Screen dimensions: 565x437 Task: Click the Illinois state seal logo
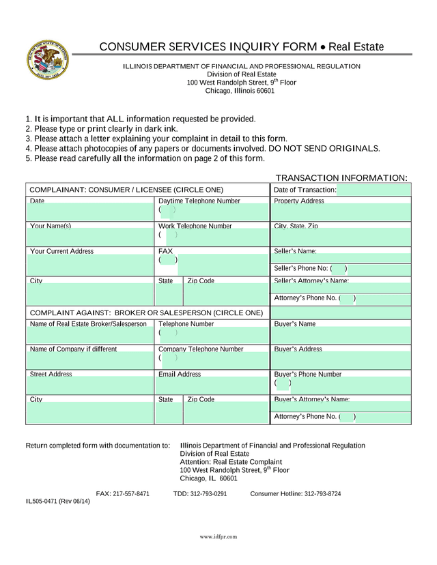(x=47, y=59)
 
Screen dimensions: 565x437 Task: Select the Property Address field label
(x=299, y=201)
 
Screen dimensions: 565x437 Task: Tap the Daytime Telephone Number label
(x=199, y=201)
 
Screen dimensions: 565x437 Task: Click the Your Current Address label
(x=61, y=251)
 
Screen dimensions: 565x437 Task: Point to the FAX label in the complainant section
(x=165, y=251)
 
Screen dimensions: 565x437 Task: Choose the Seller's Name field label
(x=295, y=251)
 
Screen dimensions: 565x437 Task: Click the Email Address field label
(x=180, y=374)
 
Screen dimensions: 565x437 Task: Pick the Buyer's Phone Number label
(x=307, y=374)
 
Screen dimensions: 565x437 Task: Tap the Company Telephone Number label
(x=201, y=349)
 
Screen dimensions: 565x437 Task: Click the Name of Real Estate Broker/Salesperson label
(x=88, y=323)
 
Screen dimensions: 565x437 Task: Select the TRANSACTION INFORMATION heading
(x=341, y=177)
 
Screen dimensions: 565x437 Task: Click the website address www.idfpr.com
(x=218, y=537)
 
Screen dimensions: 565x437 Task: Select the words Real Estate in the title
(x=356, y=47)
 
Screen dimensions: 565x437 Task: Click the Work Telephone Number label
(x=195, y=226)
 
